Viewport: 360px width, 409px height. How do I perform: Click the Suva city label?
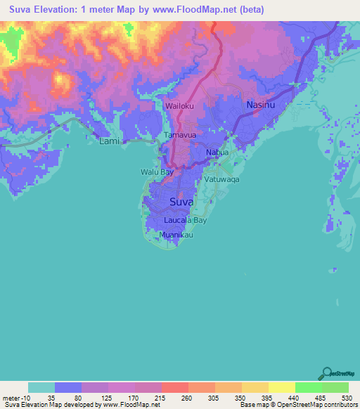pyautogui.click(x=181, y=202)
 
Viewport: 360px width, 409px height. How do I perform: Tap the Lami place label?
pyautogui.click(x=108, y=141)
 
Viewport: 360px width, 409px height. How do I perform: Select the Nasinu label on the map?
pyautogui.click(x=260, y=105)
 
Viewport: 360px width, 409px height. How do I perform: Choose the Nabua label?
pyautogui.click(x=217, y=152)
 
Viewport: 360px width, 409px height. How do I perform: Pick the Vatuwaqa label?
pyautogui.click(x=222, y=179)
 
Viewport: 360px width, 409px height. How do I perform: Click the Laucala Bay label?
pyautogui.click(x=185, y=220)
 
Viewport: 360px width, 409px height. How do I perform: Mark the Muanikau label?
pyautogui.click(x=176, y=235)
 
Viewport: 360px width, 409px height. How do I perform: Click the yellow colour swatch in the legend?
pyautogui.click(x=281, y=387)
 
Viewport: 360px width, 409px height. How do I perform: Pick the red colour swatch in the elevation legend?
pyautogui.click(x=174, y=387)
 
